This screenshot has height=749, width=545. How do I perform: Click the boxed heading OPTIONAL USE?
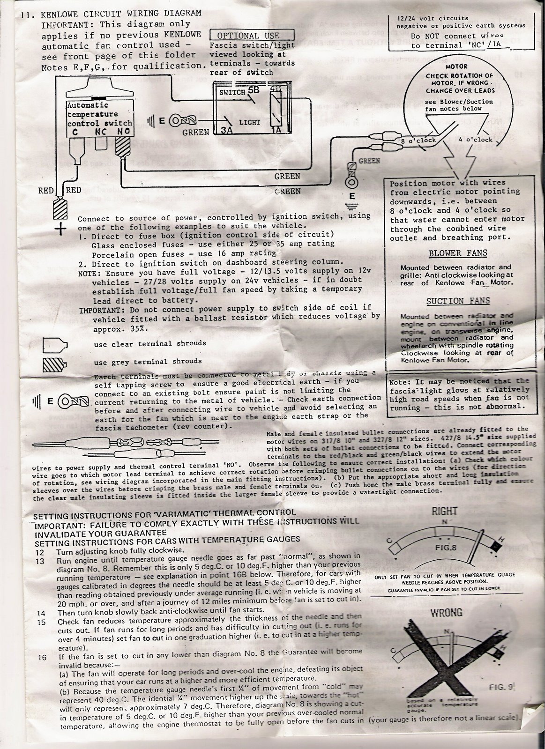tap(248, 36)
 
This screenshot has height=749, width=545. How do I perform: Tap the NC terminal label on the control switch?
tap(102, 133)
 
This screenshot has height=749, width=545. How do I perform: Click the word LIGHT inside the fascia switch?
tap(249, 122)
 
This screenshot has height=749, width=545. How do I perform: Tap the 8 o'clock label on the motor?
tap(419, 140)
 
